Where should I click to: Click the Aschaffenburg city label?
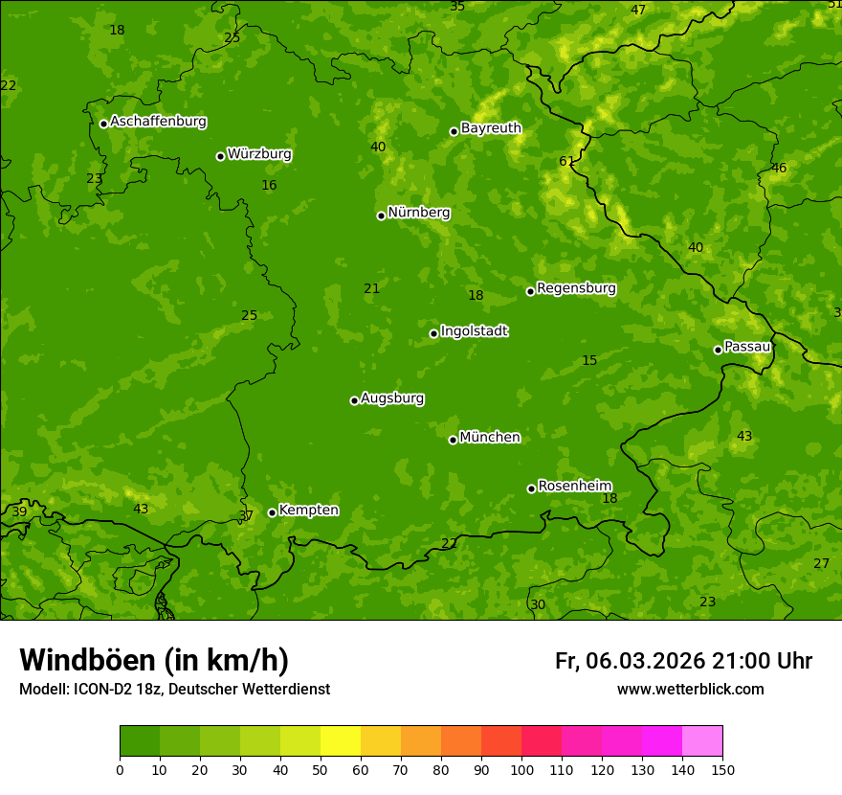(x=158, y=122)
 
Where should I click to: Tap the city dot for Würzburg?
(x=220, y=156)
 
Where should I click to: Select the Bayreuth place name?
(x=491, y=128)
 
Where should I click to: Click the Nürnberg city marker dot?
(x=381, y=216)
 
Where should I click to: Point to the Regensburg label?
(x=576, y=288)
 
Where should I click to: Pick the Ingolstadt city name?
(x=474, y=331)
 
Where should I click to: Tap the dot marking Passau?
(x=718, y=350)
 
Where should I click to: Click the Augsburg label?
(x=392, y=398)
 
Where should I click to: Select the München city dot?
(x=453, y=440)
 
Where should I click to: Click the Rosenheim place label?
(x=574, y=487)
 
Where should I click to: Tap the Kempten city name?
(x=308, y=511)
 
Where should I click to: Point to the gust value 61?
(x=566, y=161)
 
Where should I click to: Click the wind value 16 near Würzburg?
(x=269, y=185)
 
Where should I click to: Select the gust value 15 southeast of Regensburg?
(x=589, y=360)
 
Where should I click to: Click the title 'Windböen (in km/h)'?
(x=154, y=660)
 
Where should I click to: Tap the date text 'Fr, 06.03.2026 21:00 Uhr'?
(x=683, y=661)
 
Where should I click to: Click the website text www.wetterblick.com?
(x=690, y=690)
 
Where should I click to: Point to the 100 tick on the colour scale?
(x=521, y=769)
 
